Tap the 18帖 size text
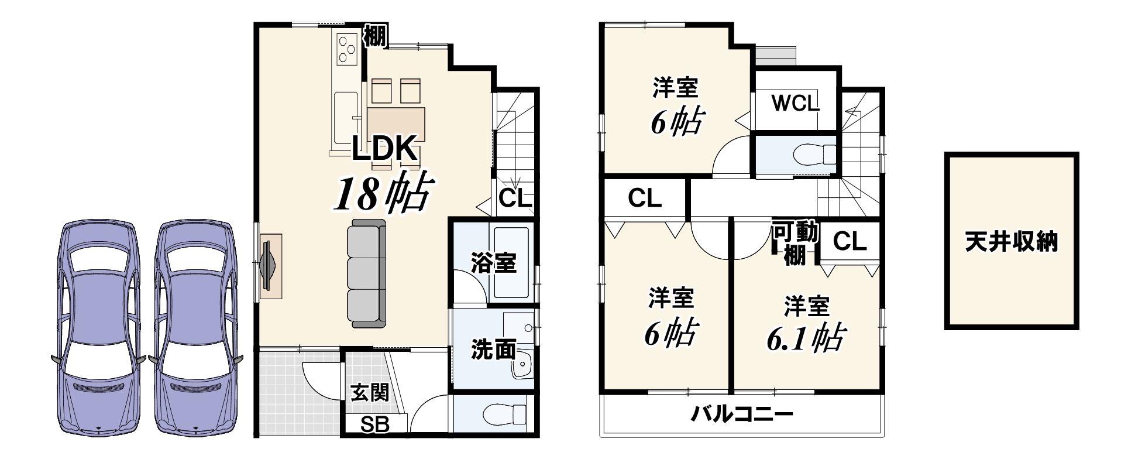tap(383, 193)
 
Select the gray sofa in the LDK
tap(367, 273)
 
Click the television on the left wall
tap(270, 266)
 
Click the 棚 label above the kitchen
tap(375, 36)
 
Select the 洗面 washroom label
tap(493, 350)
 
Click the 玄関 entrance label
tap(369, 392)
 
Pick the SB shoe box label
tap(374, 424)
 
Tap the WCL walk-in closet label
tap(795, 104)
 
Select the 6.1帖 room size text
tap(804, 337)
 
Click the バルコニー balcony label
tap(742, 415)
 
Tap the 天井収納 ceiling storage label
tap(1011, 241)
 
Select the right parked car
tap(195, 328)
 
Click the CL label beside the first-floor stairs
tap(515, 198)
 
